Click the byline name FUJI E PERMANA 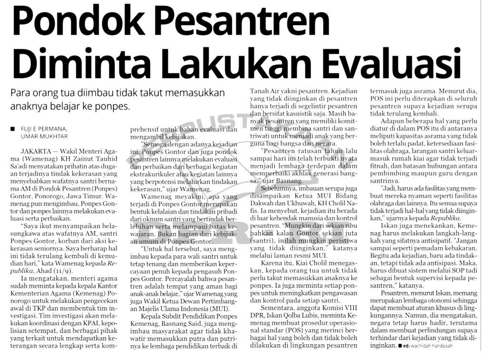click(x=44, y=129)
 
